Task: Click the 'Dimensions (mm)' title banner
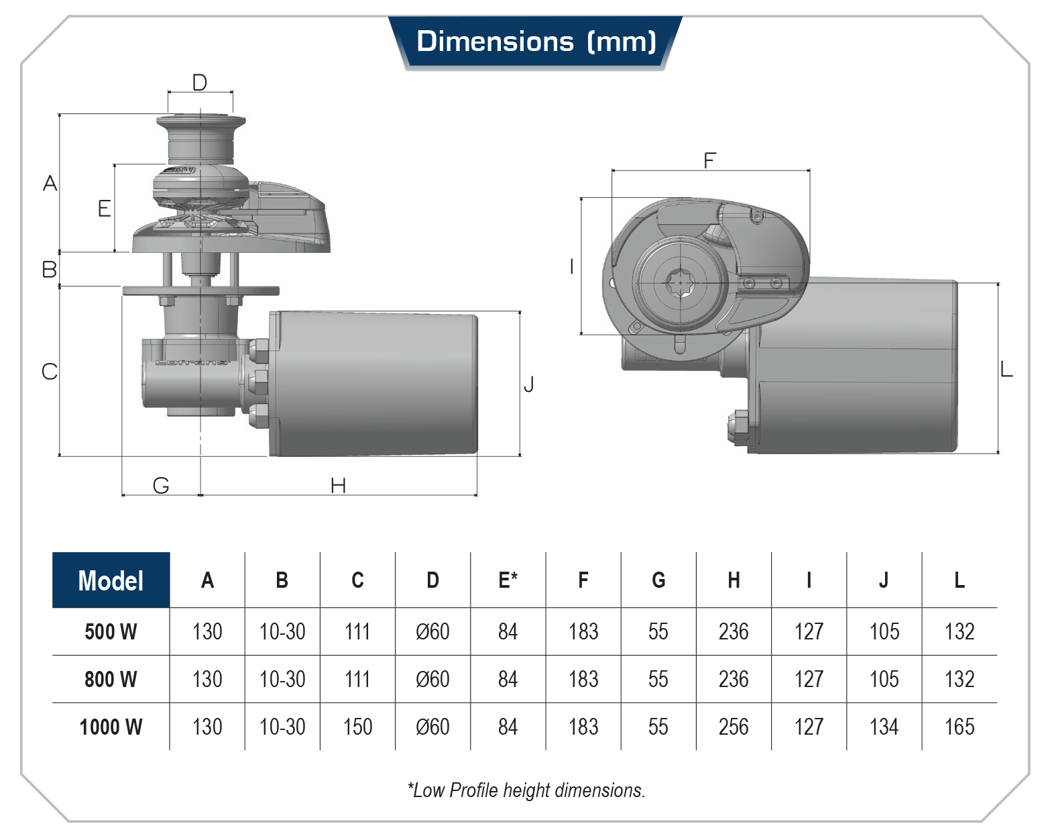point(535,42)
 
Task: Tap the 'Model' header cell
point(111,580)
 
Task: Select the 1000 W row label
point(111,727)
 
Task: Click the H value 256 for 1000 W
point(734,727)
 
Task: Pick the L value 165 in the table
point(959,727)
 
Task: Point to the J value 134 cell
point(884,727)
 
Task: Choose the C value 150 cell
point(357,727)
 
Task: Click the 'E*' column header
point(508,580)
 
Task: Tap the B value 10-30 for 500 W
point(282,631)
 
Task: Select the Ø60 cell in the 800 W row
point(432,679)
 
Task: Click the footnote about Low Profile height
point(526,790)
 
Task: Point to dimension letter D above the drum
point(200,83)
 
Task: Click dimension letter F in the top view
point(709,161)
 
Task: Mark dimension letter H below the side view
point(339,486)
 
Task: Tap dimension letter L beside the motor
point(1006,369)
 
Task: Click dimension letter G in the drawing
point(161,486)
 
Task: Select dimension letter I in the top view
point(571,267)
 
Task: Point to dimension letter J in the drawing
point(529,384)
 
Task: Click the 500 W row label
point(111,631)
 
